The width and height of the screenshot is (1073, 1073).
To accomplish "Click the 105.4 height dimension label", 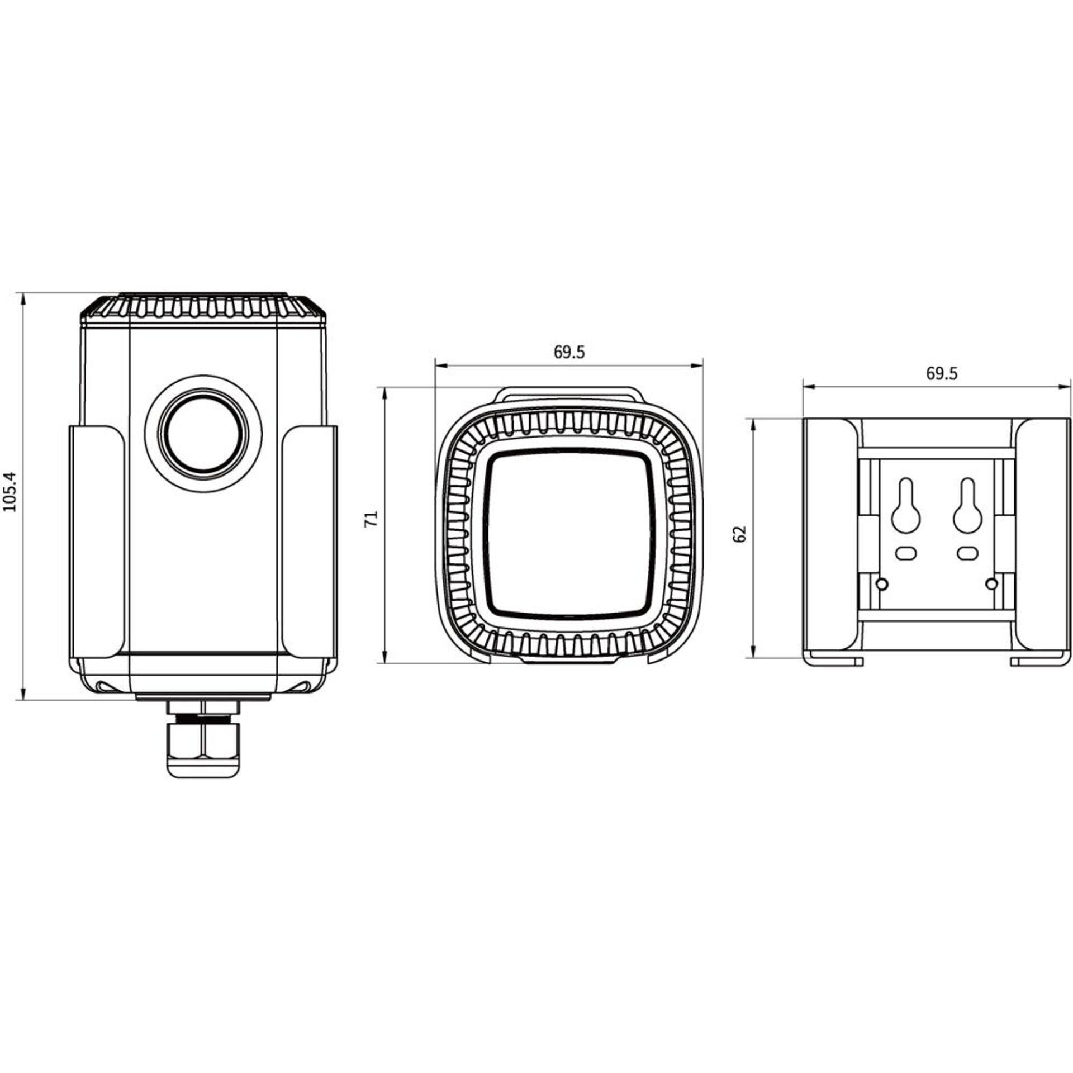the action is tap(11, 491).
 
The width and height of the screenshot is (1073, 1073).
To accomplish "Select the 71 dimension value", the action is tap(372, 518).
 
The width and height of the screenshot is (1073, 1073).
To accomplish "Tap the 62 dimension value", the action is tap(741, 534).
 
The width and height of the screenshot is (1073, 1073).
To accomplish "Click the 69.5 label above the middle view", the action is tap(569, 352).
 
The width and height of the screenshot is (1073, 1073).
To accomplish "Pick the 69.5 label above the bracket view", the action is tap(942, 373).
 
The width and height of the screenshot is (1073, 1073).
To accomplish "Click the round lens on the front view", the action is tap(203, 433).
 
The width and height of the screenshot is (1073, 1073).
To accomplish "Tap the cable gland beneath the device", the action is tap(203, 738).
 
